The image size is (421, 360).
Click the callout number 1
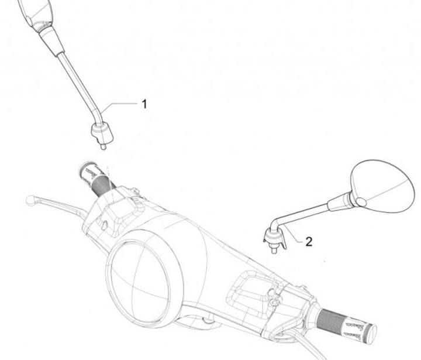tap(144, 104)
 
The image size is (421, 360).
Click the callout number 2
tap(309, 242)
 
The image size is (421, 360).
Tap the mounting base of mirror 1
tap(102, 133)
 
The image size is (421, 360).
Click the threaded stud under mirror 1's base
tap(103, 147)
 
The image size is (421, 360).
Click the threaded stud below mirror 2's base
tap(274, 251)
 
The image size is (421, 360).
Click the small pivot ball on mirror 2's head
tap(361, 201)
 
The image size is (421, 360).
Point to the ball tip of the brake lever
tap(30, 200)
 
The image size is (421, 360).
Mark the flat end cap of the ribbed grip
tap(372, 335)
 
